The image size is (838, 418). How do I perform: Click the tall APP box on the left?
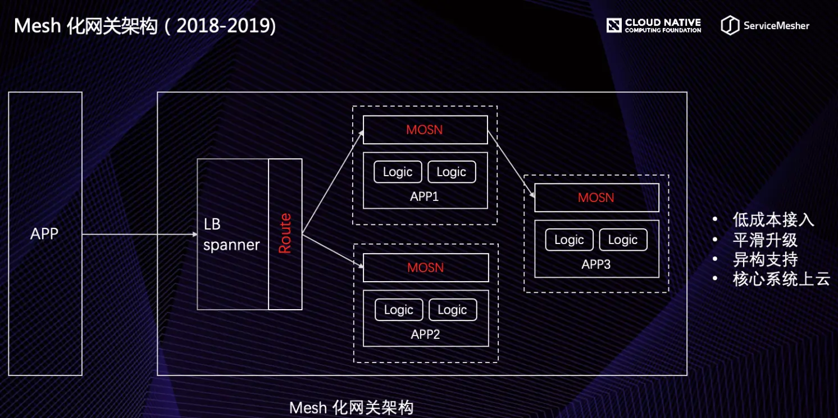pyautogui.click(x=45, y=233)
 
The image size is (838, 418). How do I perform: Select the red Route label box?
pyautogui.click(x=285, y=233)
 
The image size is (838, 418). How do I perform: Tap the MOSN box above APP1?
pyautogui.click(x=425, y=130)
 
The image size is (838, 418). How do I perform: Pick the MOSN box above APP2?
pyautogui.click(x=426, y=268)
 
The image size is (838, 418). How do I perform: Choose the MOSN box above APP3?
pyautogui.click(x=596, y=197)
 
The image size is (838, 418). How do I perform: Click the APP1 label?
pyautogui.click(x=425, y=196)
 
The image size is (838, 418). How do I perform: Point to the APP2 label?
pyautogui.click(x=425, y=334)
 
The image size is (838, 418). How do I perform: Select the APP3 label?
pyautogui.click(x=596, y=264)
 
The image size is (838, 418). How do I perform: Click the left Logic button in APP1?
pyautogui.click(x=398, y=172)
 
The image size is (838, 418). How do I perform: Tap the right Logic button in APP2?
pyautogui.click(x=453, y=310)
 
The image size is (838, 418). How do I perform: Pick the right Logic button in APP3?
pyautogui.click(x=623, y=240)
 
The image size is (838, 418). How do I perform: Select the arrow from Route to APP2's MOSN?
pyautogui.click(x=333, y=250)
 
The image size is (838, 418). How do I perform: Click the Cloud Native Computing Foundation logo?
pyautogui.click(x=654, y=25)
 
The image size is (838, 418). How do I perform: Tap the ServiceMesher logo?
pyautogui.click(x=765, y=25)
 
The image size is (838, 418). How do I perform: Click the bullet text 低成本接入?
pyautogui.click(x=773, y=219)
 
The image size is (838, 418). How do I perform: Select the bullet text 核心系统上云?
pyautogui.click(x=781, y=279)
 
